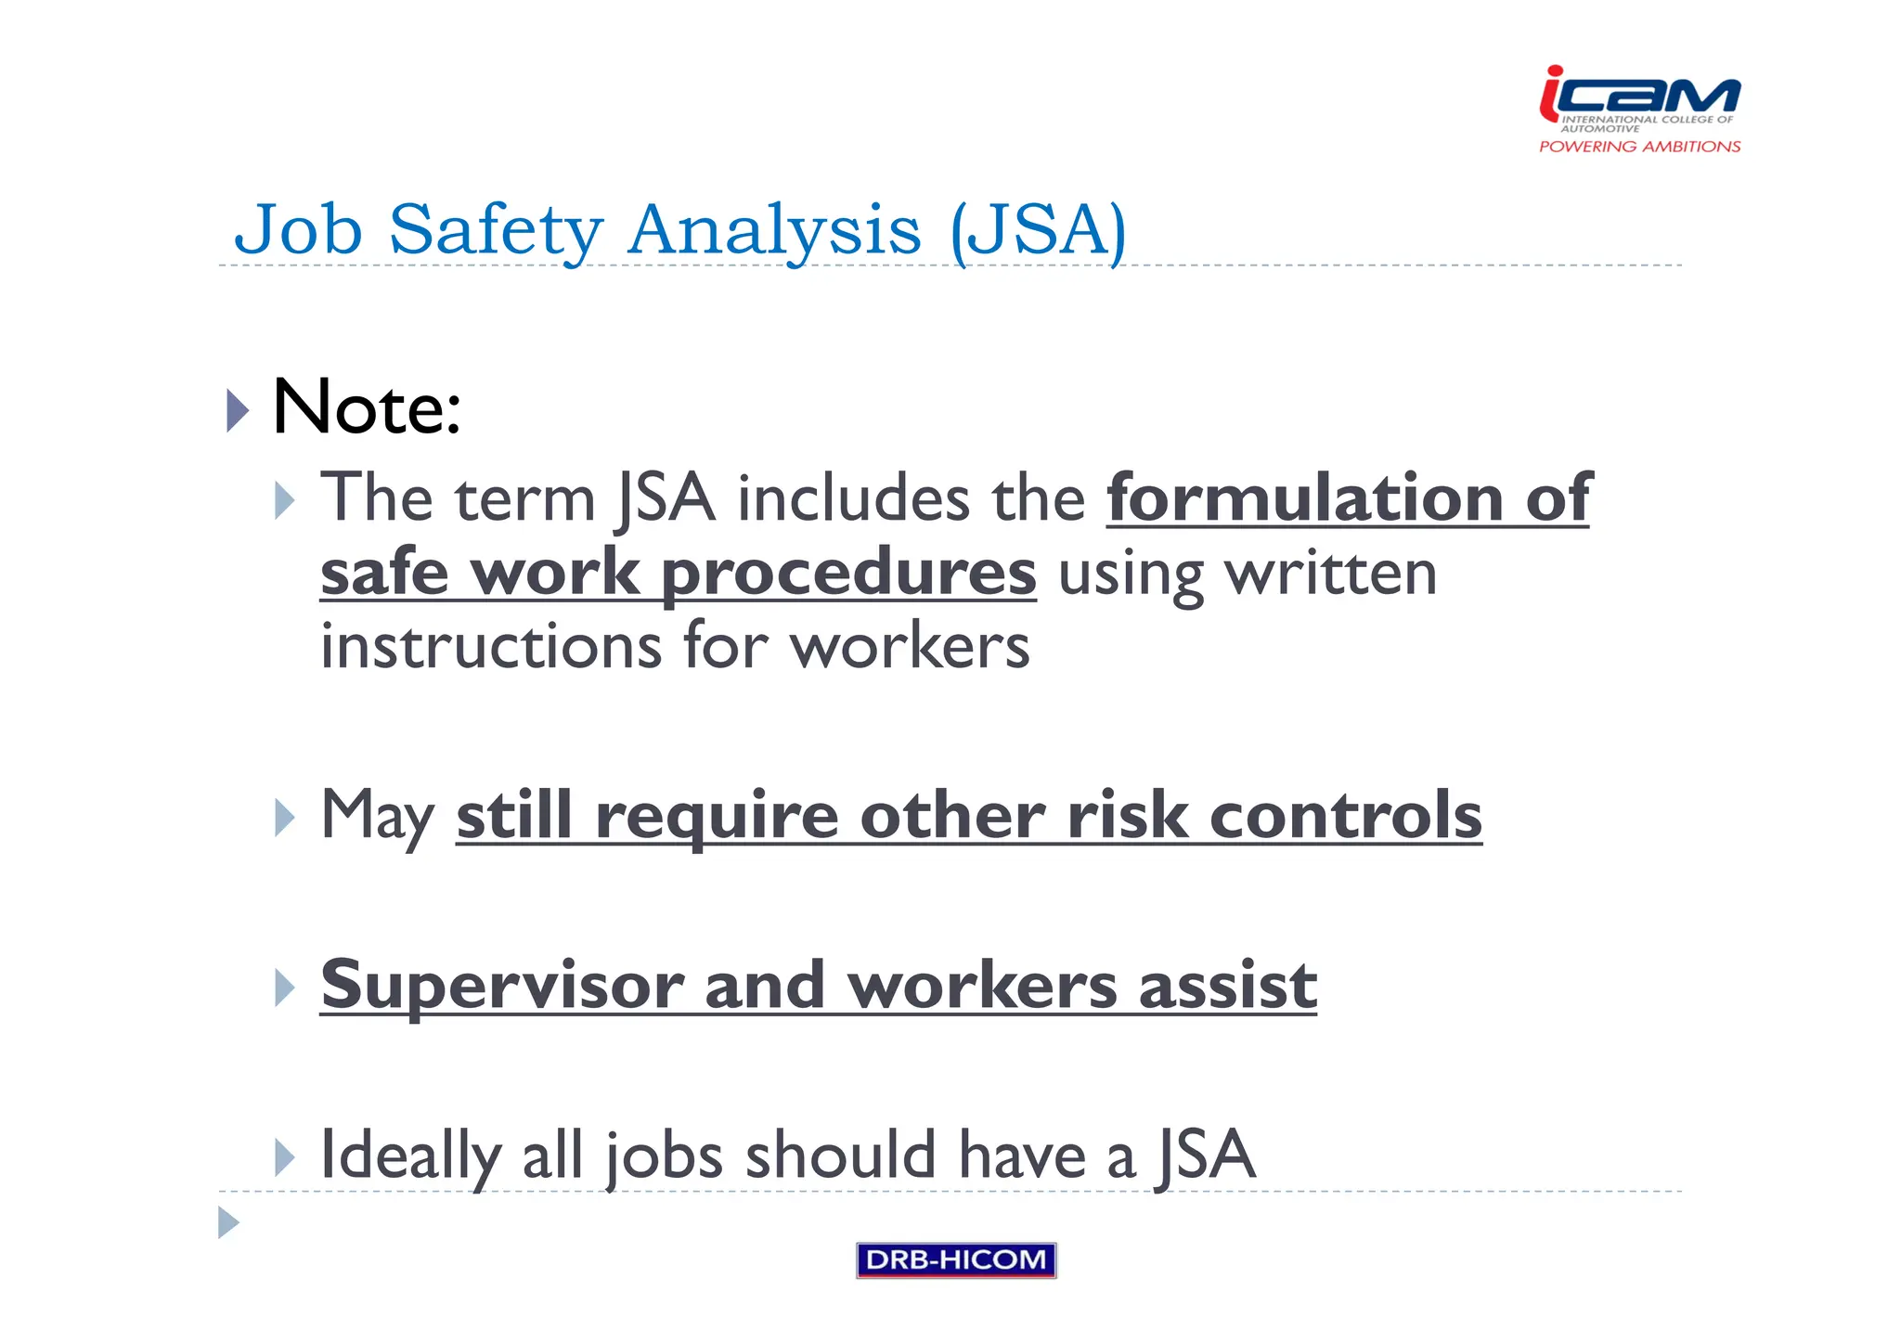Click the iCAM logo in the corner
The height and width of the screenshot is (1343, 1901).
click(1639, 97)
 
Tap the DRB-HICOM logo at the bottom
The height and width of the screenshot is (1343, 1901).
click(956, 1259)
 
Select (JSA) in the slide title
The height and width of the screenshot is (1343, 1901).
click(1038, 230)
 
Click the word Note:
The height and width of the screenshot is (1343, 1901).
click(367, 408)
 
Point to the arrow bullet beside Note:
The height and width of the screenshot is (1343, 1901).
click(238, 410)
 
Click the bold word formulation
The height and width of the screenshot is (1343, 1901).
click(1304, 498)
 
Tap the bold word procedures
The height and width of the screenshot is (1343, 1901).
click(848, 573)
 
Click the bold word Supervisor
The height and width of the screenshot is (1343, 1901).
click(502, 986)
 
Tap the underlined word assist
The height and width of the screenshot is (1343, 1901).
click(1227, 986)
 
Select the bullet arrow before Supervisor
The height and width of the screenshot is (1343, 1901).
click(285, 988)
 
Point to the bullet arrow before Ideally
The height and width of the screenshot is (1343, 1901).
click(285, 1157)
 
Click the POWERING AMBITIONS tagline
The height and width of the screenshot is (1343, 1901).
click(1639, 147)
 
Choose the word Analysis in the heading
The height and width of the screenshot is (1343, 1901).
click(774, 230)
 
